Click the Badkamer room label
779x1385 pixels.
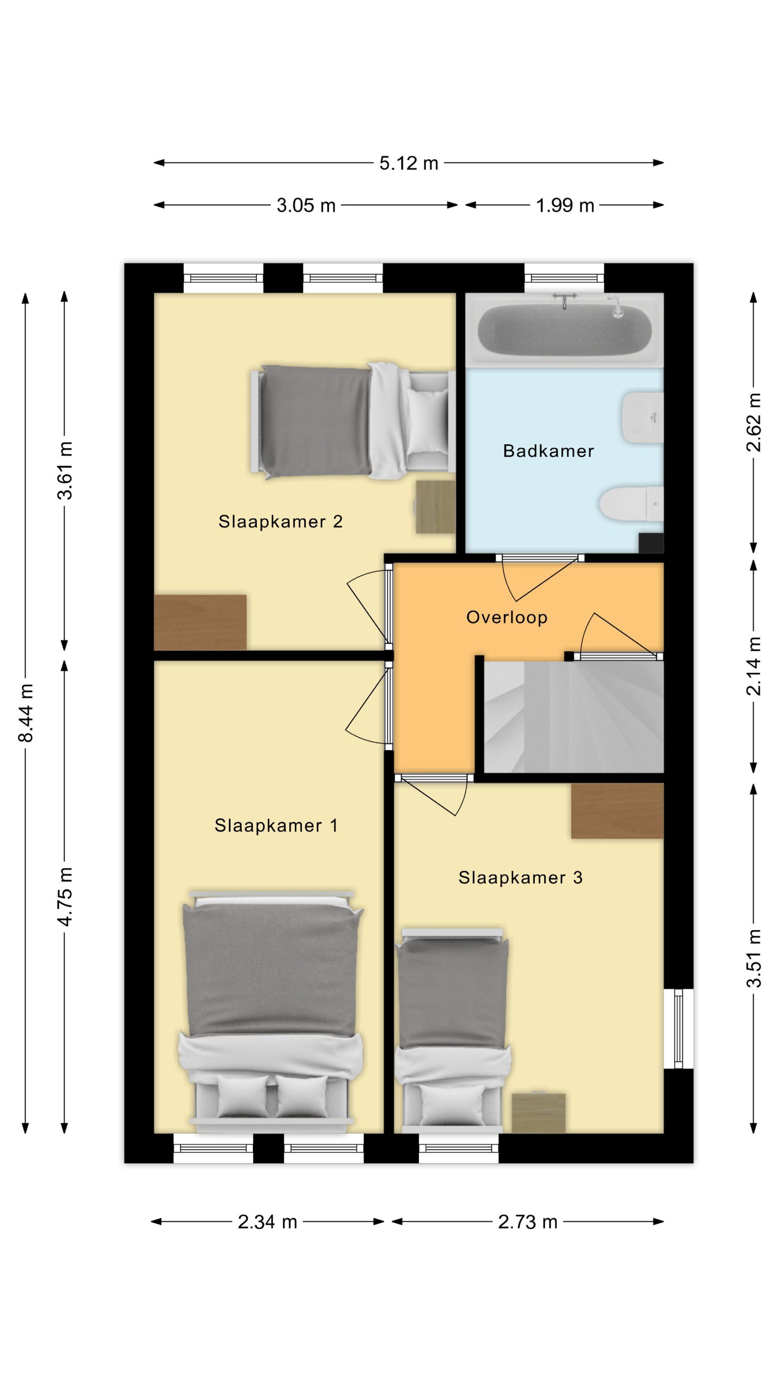(x=548, y=451)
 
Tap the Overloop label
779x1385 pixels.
(x=506, y=617)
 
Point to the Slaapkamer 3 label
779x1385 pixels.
(x=520, y=878)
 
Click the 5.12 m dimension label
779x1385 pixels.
(x=409, y=163)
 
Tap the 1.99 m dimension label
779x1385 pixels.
(x=565, y=205)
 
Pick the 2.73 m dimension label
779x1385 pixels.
(x=528, y=1222)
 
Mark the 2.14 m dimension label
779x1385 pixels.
(x=754, y=666)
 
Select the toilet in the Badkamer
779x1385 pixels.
(x=632, y=504)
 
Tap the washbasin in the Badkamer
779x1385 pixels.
(x=643, y=418)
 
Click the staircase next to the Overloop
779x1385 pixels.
(x=574, y=717)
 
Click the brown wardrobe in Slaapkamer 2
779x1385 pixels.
(x=200, y=622)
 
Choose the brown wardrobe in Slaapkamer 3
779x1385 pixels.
(x=617, y=810)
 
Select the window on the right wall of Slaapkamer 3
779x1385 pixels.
(x=678, y=1029)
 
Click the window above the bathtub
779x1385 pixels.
(x=564, y=278)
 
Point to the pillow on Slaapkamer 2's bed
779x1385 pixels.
(x=428, y=423)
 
